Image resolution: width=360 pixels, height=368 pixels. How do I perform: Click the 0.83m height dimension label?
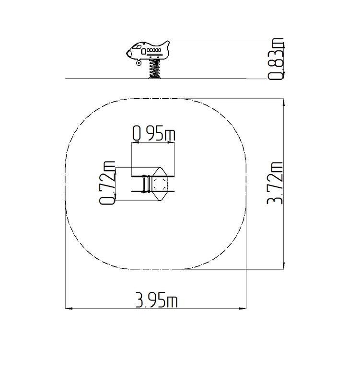click(x=276, y=59)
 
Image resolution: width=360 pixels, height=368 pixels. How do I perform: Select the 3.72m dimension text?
click(x=275, y=183)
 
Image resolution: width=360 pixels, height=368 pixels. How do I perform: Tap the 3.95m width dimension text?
click(x=157, y=299)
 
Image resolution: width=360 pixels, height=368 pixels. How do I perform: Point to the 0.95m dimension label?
click(x=154, y=133)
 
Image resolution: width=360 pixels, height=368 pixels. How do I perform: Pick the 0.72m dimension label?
click(x=107, y=183)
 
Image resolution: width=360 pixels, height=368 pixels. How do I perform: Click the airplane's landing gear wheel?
click(x=139, y=63)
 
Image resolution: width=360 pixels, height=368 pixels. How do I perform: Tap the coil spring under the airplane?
click(x=154, y=69)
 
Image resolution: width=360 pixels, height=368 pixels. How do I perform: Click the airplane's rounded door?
click(x=143, y=51)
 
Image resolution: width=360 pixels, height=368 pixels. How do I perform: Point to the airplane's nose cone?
click(x=128, y=54)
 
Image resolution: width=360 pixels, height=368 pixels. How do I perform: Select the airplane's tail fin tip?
click(x=168, y=42)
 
